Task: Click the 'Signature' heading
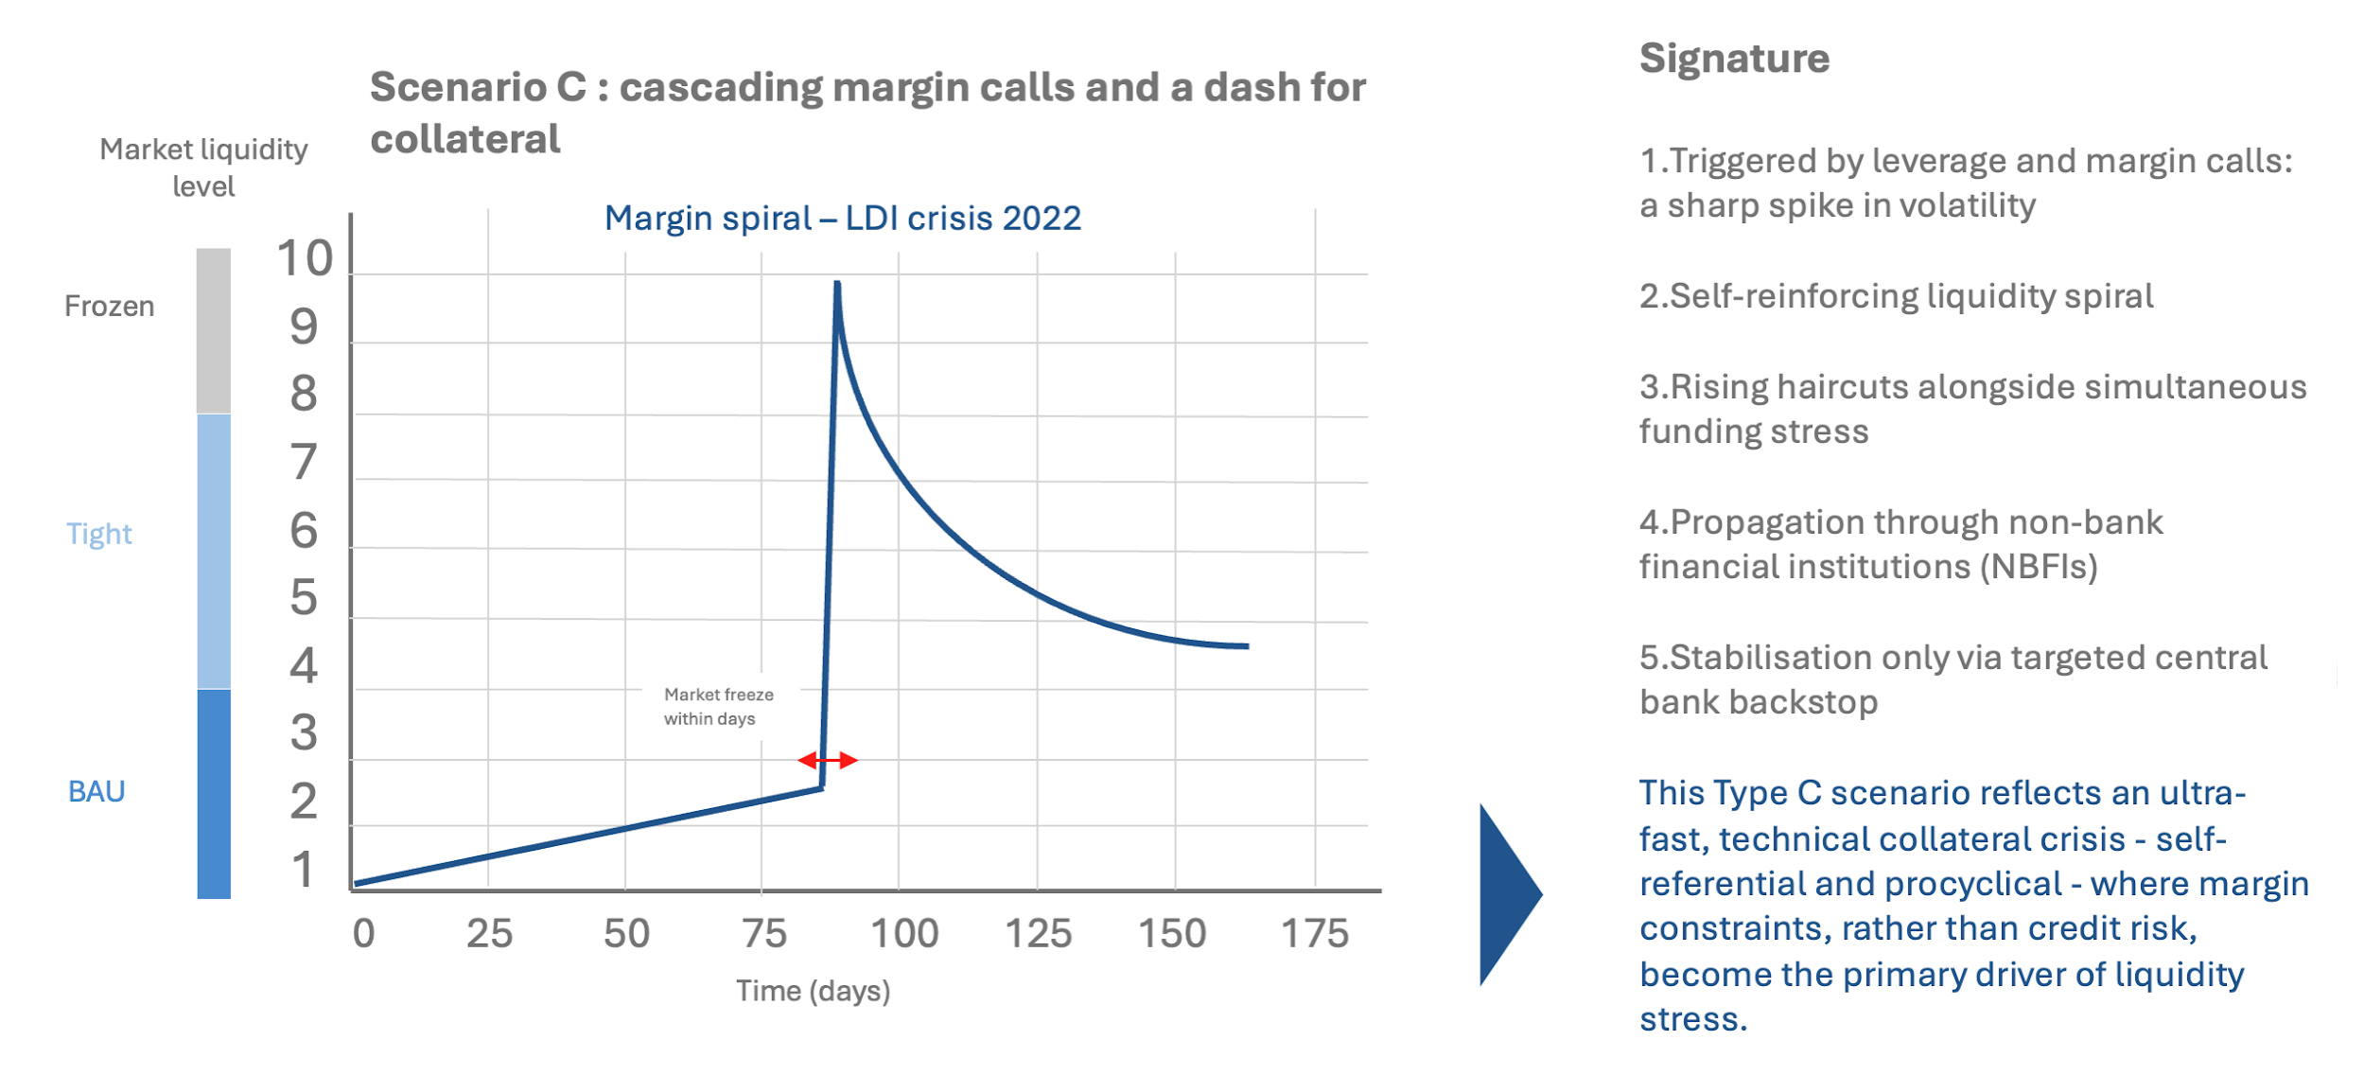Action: [x=1734, y=59]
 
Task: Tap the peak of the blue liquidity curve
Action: [x=837, y=284]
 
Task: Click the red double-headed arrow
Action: [x=828, y=760]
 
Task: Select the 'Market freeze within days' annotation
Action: [x=717, y=707]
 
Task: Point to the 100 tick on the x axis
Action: [x=904, y=934]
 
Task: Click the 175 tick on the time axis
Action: [x=1314, y=934]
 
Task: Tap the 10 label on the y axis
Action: [x=305, y=258]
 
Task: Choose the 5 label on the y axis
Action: [x=304, y=597]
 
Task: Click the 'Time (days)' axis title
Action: [x=814, y=991]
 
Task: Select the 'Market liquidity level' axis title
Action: [x=203, y=167]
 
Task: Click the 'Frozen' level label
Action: [x=109, y=307]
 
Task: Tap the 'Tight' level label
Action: [x=99, y=534]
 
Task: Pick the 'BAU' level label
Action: [x=96, y=791]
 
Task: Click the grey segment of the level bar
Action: [x=214, y=330]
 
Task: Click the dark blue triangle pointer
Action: [x=1506, y=894]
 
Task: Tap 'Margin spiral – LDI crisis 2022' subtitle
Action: [x=842, y=219]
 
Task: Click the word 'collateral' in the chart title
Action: [x=465, y=140]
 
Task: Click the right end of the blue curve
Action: [x=1247, y=646]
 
